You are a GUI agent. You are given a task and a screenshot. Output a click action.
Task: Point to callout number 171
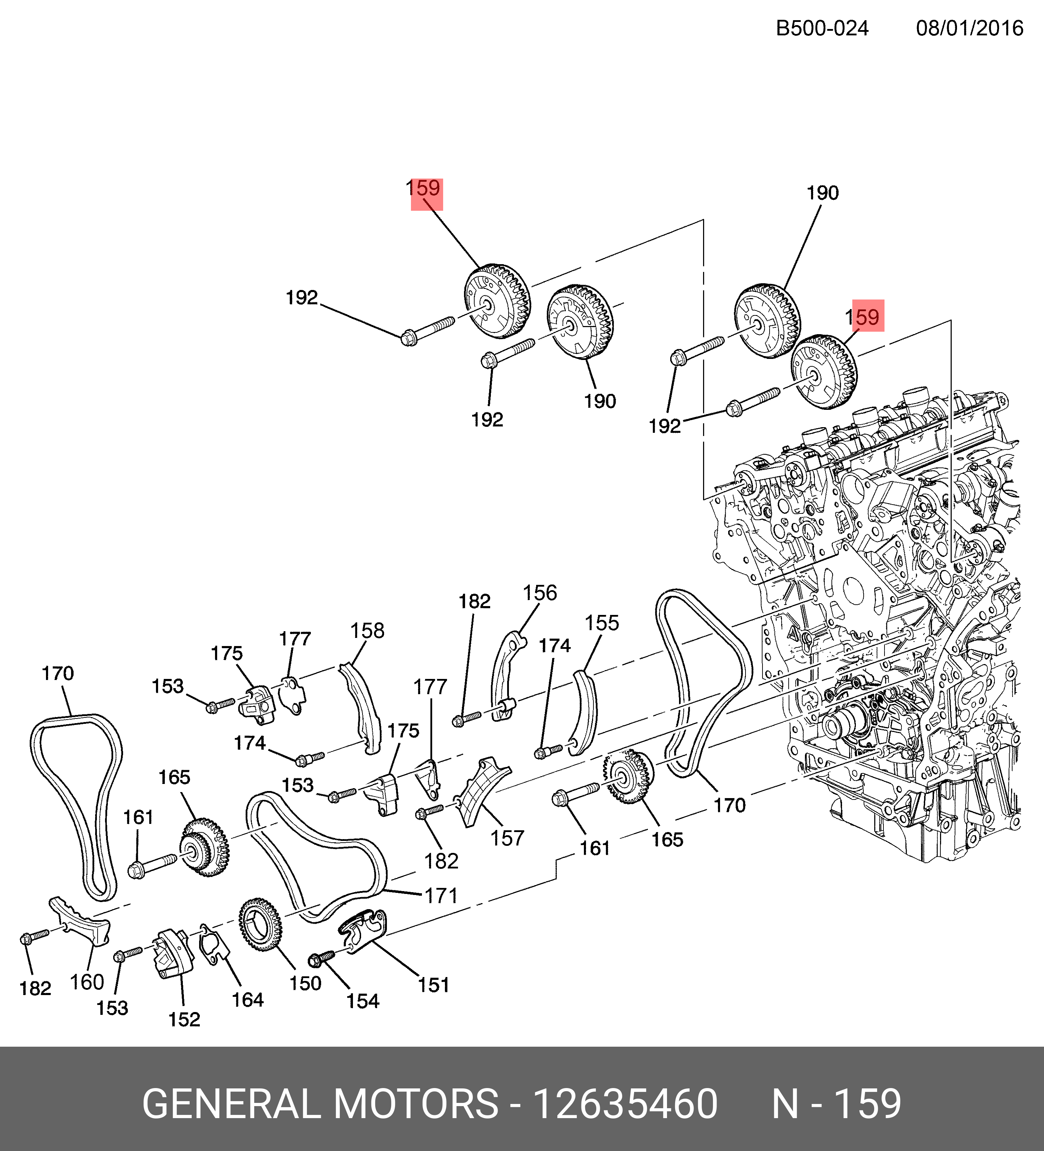pyautogui.click(x=441, y=896)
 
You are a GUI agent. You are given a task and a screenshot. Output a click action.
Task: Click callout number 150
pyautogui.click(x=306, y=983)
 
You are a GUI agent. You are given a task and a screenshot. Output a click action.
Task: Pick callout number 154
pyautogui.click(x=362, y=1001)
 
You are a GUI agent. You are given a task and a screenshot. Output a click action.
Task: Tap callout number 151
pyautogui.click(x=434, y=985)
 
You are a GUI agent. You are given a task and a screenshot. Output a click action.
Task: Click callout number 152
pyautogui.click(x=184, y=1019)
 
